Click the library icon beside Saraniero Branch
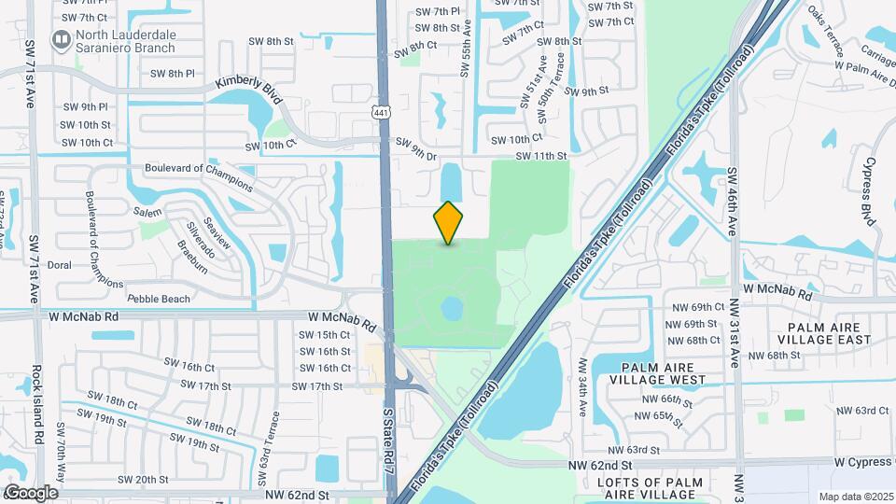coord(62,39)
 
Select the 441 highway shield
coord(381,113)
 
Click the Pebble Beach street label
coord(159,299)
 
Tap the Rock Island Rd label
coord(38,403)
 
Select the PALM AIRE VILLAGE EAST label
coord(829,334)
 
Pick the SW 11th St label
coord(541,156)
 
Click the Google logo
coord(31,492)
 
